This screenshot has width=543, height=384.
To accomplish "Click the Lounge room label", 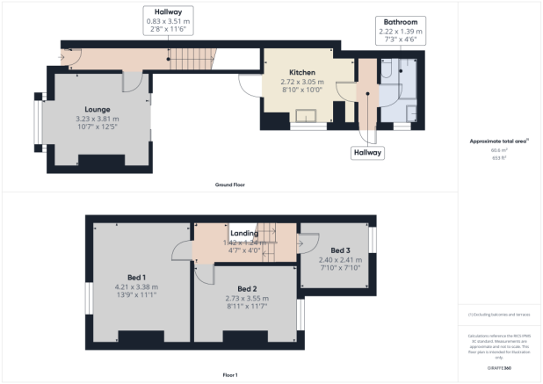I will point(98,110).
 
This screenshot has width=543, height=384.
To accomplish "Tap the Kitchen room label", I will point(303,73).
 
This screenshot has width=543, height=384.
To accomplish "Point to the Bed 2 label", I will point(247,289).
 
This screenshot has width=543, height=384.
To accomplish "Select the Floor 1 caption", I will point(229,375).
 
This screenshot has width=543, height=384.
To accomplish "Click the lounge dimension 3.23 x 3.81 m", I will point(98,119).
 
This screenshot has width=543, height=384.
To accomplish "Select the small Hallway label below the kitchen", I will point(368,152).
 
